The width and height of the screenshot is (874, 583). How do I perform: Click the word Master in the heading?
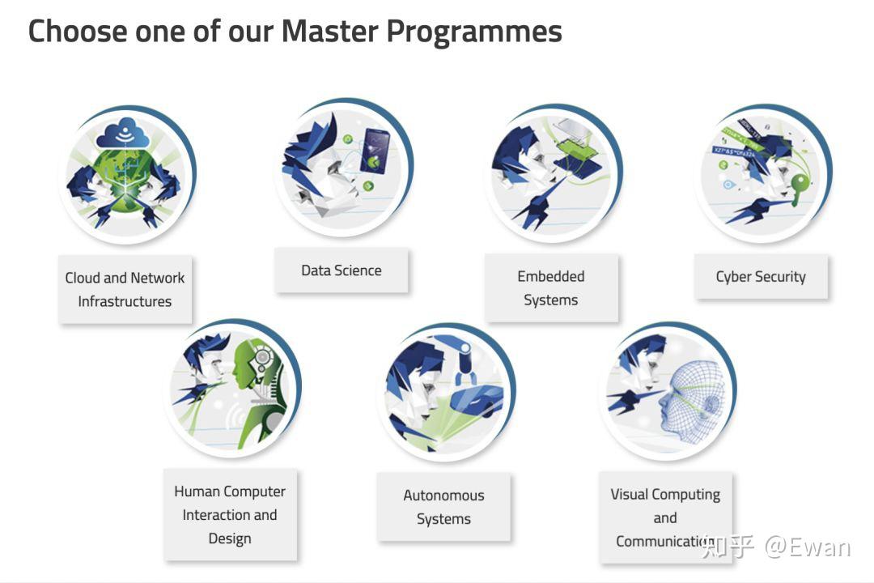tap(330, 31)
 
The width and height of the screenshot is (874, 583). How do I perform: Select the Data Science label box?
tap(342, 270)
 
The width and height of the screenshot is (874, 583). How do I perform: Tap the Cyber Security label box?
tap(761, 277)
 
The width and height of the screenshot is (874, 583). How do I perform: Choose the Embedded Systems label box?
tap(551, 288)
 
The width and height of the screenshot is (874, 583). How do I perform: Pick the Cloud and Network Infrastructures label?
tap(125, 290)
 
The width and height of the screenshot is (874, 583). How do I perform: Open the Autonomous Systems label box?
tap(443, 507)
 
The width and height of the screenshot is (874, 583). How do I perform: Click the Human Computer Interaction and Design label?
tap(230, 515)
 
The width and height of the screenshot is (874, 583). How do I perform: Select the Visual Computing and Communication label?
tap(665, 517)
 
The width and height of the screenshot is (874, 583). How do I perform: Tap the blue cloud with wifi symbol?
tap(123, 133)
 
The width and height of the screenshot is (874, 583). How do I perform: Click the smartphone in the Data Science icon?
tap(375, 151)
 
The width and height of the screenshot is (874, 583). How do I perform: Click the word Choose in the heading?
tap(78, 31)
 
